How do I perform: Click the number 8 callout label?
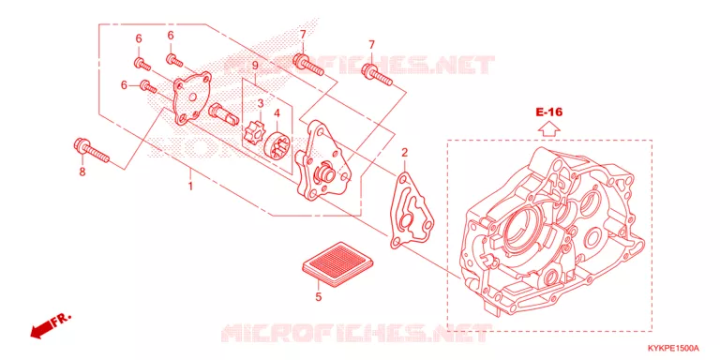(x=82, y=172)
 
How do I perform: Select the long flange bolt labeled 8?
(x=91, y=150)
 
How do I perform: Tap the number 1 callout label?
(x=190, y=187)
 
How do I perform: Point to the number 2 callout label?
(x=405, y=152)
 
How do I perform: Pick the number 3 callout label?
(x=261, y=103)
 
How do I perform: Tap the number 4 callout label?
(x=277, y=112)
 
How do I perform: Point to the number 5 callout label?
(x=318, y=297)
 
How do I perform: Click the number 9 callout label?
(x=255, y=66)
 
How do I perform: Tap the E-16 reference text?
(x=548, y=112)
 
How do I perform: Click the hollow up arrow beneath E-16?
(x=549, y=128)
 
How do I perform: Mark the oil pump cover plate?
(x=191, y=98)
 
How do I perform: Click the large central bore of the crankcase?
(x=527, y=228)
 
